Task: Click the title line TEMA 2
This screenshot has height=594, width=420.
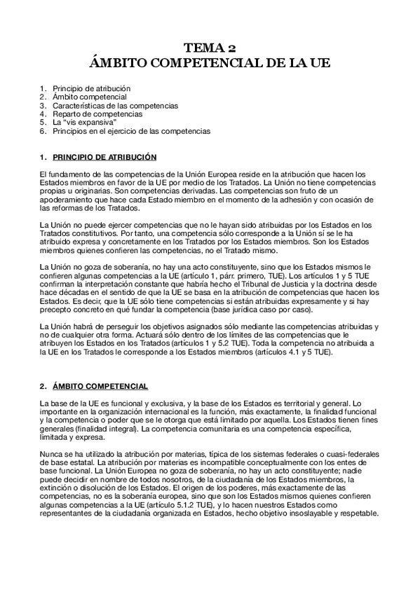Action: (210, 48)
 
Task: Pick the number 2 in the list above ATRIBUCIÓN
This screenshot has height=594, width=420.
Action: (43, 97)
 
